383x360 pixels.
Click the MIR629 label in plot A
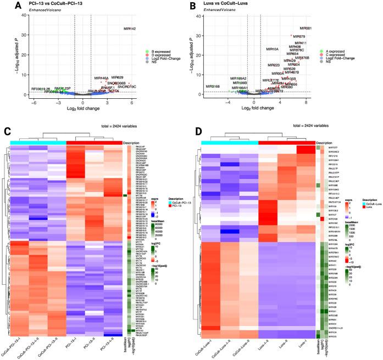click(x=117, y=78)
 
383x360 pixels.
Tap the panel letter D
click(x=199, y=131)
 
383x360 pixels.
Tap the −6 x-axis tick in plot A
click(x=34, y=102)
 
